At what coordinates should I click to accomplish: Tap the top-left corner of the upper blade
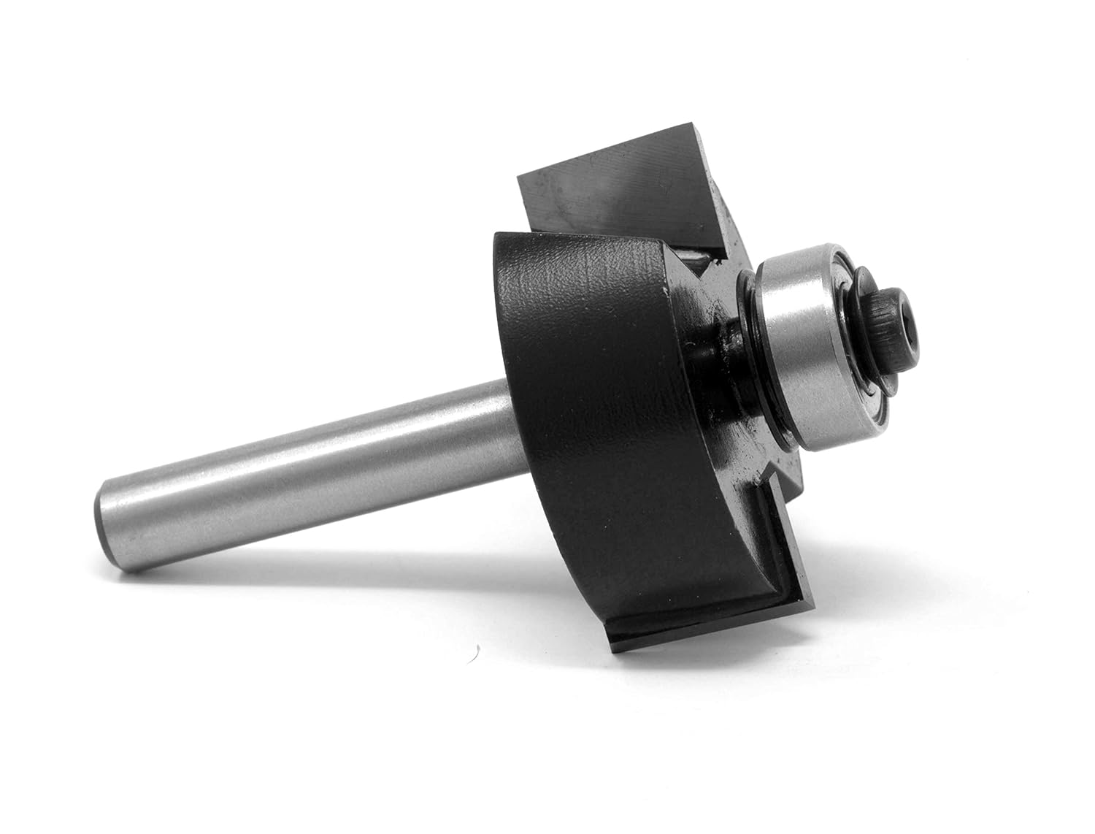(x=520, y=177)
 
